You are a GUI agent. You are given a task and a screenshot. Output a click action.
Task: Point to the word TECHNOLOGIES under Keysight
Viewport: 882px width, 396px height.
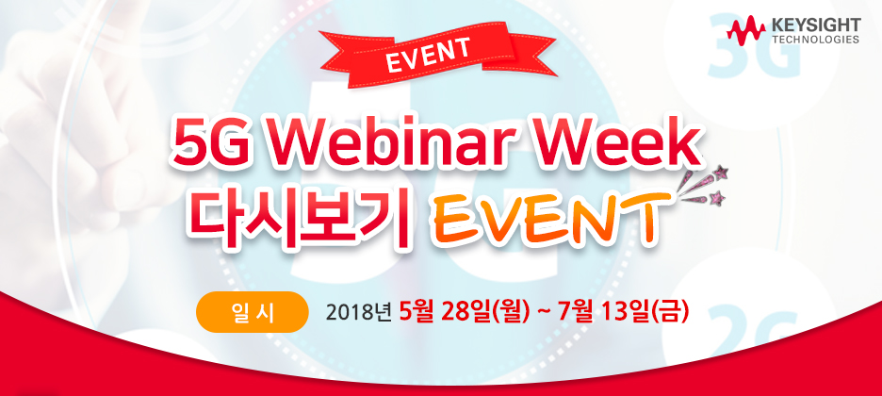[815, 41]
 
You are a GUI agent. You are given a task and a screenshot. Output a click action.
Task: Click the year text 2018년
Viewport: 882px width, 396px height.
[359, 312]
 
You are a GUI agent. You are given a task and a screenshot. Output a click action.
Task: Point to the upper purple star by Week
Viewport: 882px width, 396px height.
[726, 172]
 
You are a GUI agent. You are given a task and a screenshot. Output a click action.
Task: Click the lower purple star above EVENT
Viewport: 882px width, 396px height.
[721, 198]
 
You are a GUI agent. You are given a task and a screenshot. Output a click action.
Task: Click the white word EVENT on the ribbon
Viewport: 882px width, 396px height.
[428, 56]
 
